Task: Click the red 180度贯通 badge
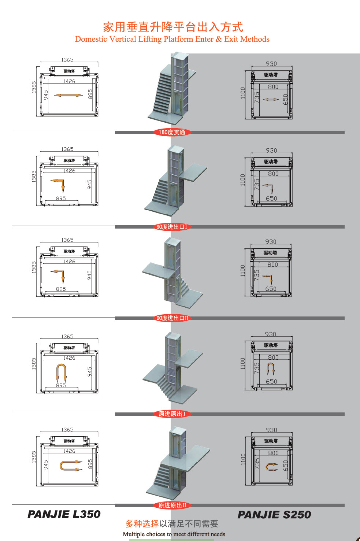click(x=172, y=132)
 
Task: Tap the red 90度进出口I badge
click(x=172, y=227)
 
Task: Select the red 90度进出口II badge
click(x=172, y=318)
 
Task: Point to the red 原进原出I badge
click(x=172, y=414)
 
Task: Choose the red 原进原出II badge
click(x=172, y=505)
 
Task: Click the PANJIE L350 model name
click(x=64, y=514)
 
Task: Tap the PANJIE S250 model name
click(x=274, y=515)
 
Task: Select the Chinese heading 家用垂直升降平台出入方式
click(x=173, y=27)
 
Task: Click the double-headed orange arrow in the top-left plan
click(x=68, y=95)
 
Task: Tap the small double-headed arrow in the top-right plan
click(x=271, y=99)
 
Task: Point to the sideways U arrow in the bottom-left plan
click(x=60, y=466)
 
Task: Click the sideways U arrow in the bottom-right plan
click(x=267, y=467)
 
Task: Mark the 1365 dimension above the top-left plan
click(x=67, y=60)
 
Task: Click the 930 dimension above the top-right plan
click(x=271, y=64)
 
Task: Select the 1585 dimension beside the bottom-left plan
click(x=34, y=457)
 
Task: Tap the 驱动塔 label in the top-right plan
click(x=271, y=75)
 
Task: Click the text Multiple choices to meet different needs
click(x=174, y=534)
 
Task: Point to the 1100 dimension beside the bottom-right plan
click(x=243, y=459)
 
